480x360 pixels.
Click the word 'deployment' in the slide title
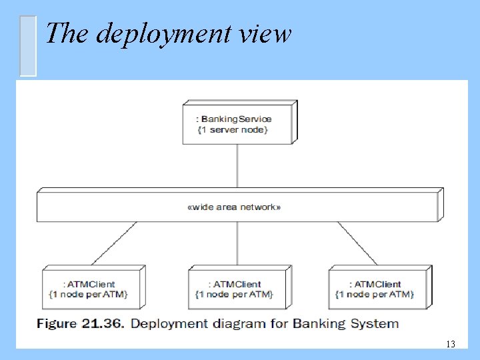click(x=166, y=33)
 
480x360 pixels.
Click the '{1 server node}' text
click(x=233, y=129)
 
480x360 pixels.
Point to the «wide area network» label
click(x=235, y=207)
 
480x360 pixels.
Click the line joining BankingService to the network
click(x=237, y=167)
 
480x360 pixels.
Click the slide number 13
click(x=450, y=344)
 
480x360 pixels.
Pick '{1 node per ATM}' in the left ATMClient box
click(x=88, y=294)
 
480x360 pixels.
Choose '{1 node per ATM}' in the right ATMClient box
click(x=374, y=294)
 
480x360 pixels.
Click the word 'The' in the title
click(x=63, y=33)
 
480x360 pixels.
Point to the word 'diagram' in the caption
click(x=243, y=324)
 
